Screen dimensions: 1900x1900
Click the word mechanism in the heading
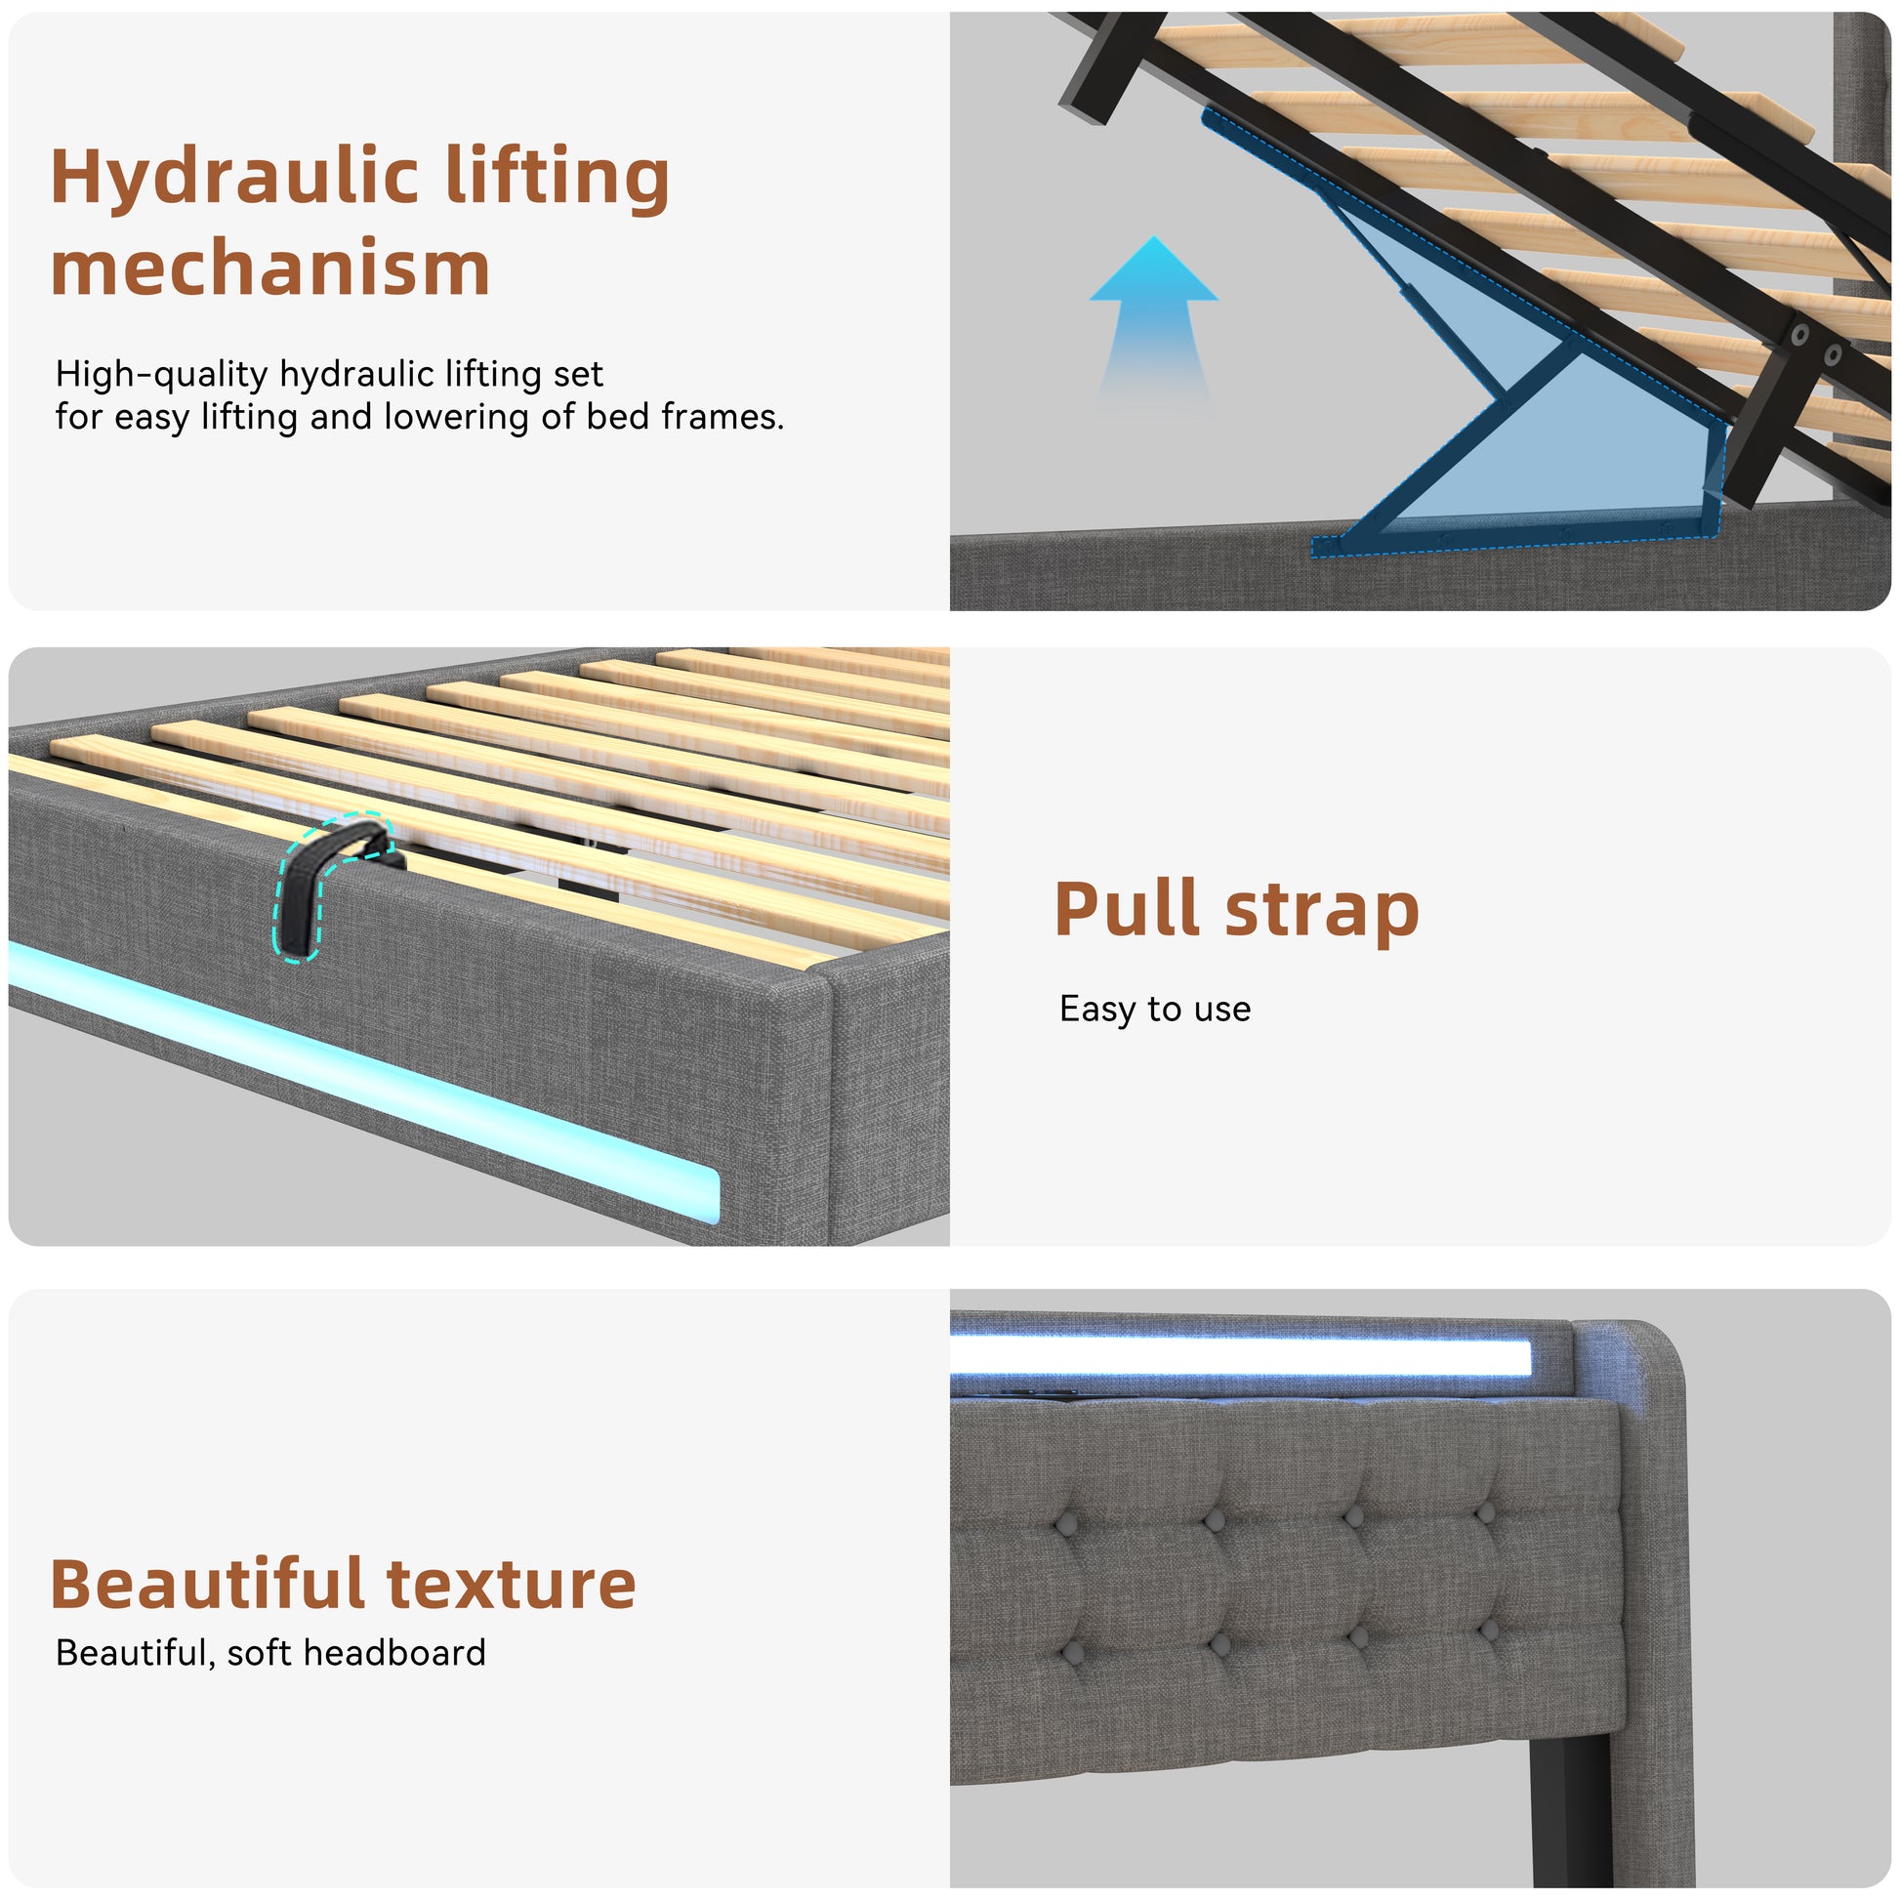270,268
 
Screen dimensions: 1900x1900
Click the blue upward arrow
1154,324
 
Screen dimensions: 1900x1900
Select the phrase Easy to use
1155,1009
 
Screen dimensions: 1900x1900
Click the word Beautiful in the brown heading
209,1587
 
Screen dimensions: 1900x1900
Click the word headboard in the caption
394,1653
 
